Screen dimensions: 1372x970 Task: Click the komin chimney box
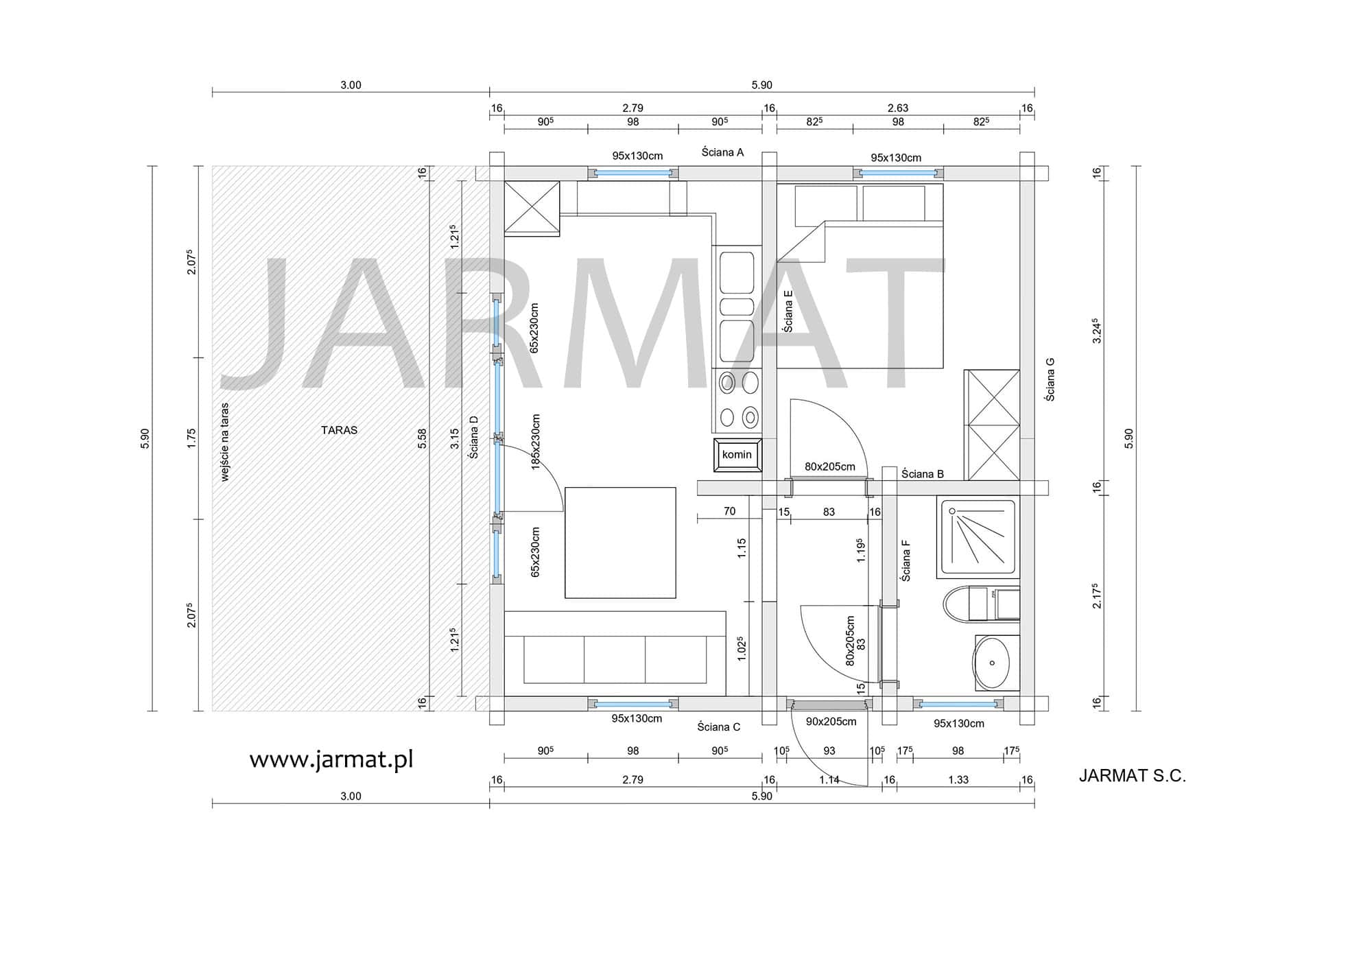pos(737,455)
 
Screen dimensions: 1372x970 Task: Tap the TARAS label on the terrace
pos(339,430)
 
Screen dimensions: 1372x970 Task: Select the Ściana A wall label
pos(722,152)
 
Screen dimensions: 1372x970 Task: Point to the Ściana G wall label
pos(1050,379)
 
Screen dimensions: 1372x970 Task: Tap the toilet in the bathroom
pos(981,604)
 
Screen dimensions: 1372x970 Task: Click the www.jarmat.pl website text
pos(331,759)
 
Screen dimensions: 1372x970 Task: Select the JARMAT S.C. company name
pos(1132,776)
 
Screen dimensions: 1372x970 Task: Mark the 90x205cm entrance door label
pos(831,722)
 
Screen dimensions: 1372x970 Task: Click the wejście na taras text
pos(225,442)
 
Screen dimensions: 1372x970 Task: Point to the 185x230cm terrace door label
pos(536,442)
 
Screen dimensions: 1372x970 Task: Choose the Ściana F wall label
pos(906,560)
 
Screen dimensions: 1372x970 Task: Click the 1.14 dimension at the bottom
pos(829,780)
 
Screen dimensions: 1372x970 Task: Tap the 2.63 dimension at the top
pos(898,108)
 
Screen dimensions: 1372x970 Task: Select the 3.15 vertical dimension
pos(454,439)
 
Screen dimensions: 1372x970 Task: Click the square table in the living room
pos(620,543)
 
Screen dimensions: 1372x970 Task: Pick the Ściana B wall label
pos(923,474)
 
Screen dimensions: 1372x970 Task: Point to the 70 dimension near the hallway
pos(729,511)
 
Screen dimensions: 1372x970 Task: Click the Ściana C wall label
pos(719,727)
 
